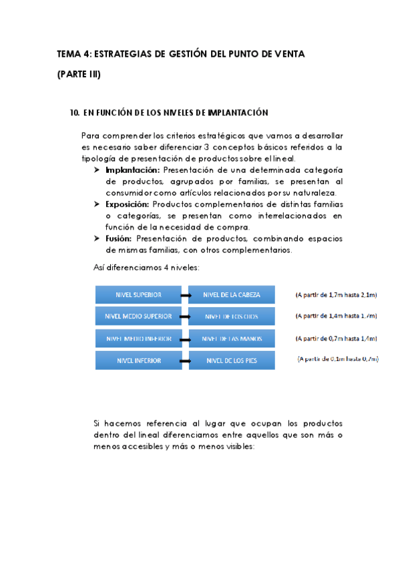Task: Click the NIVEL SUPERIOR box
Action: point(138,294)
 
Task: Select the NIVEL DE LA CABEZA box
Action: point(232,294)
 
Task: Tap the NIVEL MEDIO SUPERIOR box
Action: point(138,316)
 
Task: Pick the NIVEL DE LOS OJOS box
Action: point(232,316)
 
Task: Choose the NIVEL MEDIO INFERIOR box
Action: point(138,338)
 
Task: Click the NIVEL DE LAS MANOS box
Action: point(232,338)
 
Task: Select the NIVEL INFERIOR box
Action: point(138,360)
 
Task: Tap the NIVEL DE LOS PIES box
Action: point(232,360)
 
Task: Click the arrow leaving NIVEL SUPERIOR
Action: point(185,294)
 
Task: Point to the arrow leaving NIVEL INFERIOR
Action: point(185,360)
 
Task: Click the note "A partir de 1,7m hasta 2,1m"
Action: point(337,294)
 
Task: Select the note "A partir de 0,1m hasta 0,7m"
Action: point(338,359)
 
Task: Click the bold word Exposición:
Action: point(128,204)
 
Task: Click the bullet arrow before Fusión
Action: point(98,238)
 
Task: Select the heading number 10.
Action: point(74,113)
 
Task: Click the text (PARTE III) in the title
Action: point(79,74)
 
